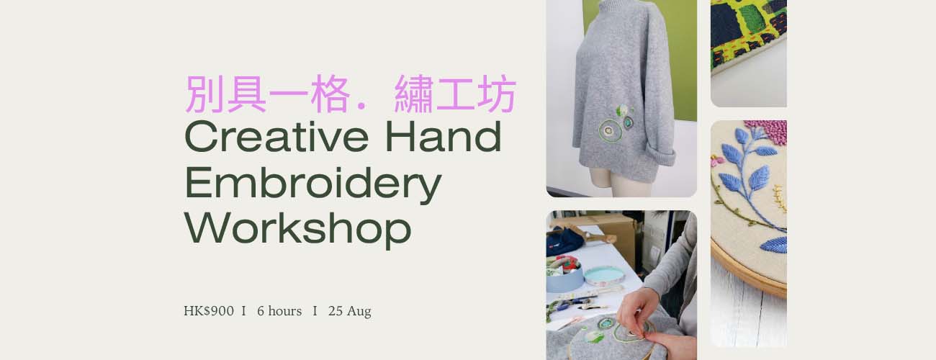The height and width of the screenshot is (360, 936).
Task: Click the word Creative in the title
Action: (276, 136)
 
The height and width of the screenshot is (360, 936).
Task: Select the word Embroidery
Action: (312, 184)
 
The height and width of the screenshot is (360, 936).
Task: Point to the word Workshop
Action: (298, 229)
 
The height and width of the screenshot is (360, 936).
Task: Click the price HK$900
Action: (209, 311)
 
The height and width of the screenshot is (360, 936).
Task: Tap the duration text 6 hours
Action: (279, 311)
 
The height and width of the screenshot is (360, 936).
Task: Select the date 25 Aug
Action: (350, 311)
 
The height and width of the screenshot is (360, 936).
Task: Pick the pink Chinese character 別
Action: (204, 94)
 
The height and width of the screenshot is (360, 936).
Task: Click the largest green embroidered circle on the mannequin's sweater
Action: (610, 131)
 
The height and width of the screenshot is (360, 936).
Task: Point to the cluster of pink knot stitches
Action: (767, 132)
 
